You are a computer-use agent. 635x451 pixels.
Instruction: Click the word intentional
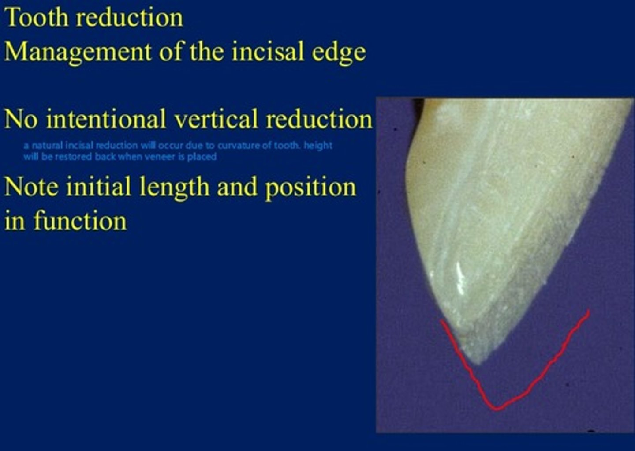click(106, 120)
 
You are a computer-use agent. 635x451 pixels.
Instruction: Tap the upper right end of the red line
click(587, 312)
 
